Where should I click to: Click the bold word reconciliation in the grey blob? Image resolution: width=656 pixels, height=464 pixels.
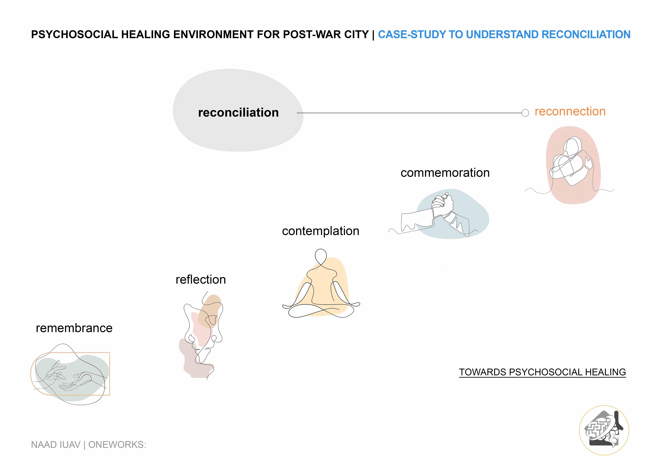238,113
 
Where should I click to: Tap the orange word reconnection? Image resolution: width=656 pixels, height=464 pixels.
570,111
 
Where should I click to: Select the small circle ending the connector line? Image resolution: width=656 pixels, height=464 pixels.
525,113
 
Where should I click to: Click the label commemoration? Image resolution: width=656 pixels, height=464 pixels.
445,173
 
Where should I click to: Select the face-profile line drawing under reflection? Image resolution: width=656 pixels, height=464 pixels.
203,334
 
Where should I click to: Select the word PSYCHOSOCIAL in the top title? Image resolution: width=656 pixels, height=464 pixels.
74,35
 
